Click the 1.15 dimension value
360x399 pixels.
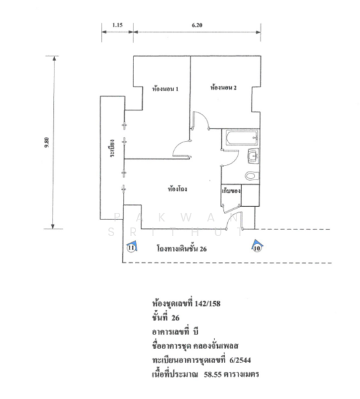117,25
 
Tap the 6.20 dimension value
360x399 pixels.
197,25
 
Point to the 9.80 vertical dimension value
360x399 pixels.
46,143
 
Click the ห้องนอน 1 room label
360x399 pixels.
165,89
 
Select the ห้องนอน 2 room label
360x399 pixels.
223,88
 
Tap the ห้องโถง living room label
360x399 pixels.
177,189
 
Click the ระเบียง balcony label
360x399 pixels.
112,148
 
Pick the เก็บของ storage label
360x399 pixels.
231,191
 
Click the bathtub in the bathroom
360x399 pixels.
242,138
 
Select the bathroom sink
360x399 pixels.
253,156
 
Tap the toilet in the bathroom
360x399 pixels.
252,176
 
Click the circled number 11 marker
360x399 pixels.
131,247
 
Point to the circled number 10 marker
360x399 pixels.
257,248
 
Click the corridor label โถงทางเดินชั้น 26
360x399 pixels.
181,249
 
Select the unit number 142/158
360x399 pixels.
207,304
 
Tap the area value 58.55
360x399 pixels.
213,374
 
